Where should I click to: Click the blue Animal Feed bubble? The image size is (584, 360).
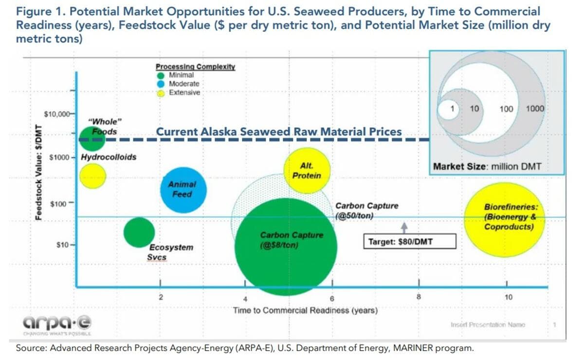(x=183, y=190)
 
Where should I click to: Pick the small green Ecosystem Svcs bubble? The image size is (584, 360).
(x=139, y=232)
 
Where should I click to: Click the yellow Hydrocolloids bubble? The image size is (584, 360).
(x=92, y=176)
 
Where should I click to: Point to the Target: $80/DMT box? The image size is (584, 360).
(x=410, y=241)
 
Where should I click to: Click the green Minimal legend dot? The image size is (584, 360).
(x=161, y=76)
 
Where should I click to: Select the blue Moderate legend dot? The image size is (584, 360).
(x=161, y=84)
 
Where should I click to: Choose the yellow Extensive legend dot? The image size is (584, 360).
(x=161, y=93)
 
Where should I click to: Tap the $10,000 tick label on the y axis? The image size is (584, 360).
(x=57, y=115)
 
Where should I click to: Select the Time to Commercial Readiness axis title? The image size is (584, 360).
(x=305, y=310)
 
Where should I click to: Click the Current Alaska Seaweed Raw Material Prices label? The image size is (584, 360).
(x=278, y=132)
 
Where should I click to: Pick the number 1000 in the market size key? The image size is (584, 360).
(x=535, y=109)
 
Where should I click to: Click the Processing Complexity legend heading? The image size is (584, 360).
(x=195, y=67)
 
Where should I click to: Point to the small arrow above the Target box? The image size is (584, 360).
(x=403, y=227)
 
